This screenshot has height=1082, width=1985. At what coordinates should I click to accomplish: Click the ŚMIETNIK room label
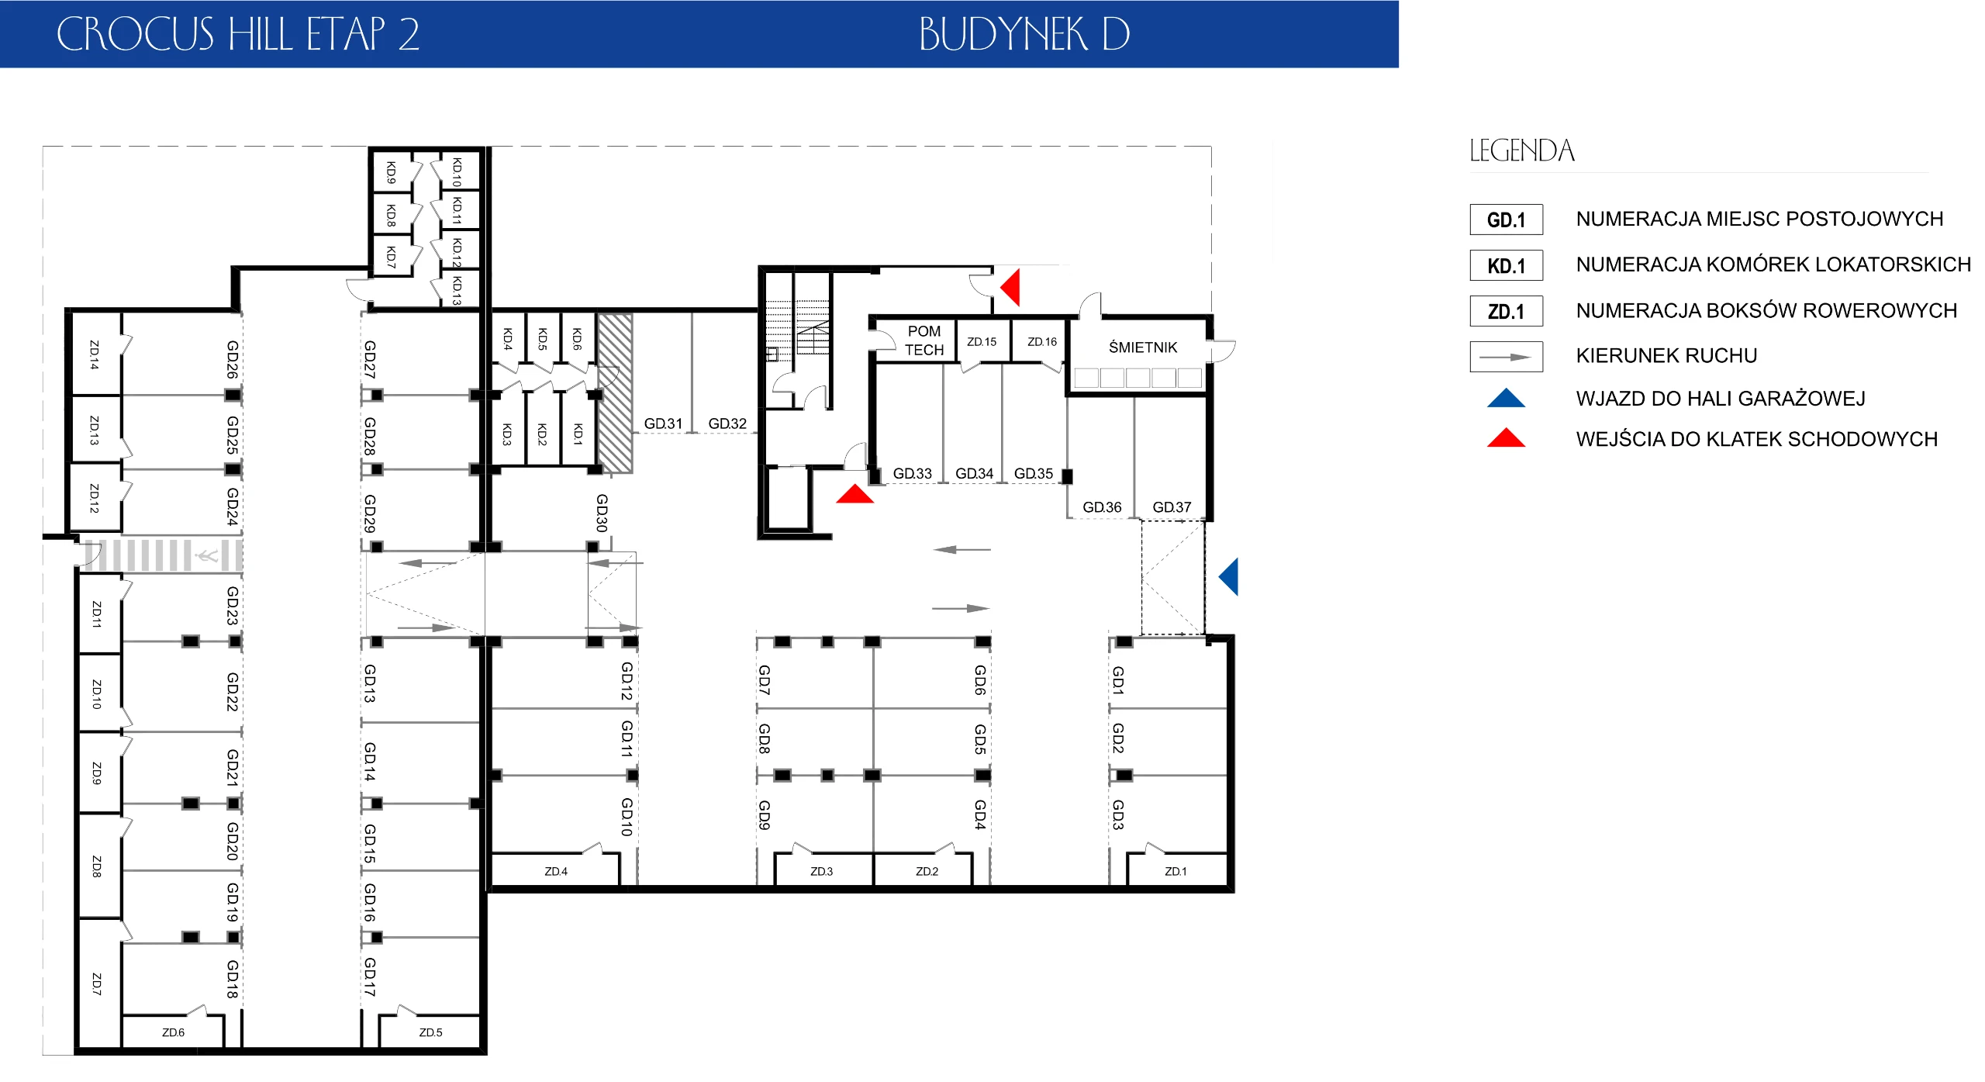click(1142, 347)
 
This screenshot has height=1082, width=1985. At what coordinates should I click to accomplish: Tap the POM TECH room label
click(924, 341)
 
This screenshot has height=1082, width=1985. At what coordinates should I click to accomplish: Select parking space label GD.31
click(663, 423)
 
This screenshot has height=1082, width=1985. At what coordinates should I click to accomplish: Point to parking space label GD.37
click(1172, 507)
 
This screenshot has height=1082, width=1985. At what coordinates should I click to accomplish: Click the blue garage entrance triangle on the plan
click(1229, 576)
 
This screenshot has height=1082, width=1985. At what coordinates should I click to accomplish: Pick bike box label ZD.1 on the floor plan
click(1175, 871)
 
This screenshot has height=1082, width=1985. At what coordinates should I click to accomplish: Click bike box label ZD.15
click(982, 341)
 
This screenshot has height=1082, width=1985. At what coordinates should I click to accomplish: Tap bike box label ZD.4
click(556, 871)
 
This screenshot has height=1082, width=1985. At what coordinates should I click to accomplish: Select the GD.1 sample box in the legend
click(1506, 220)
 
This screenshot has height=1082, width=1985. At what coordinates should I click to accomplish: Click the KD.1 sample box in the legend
click(1506, 265)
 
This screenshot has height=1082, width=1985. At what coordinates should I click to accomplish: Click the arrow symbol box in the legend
click(1506, 357)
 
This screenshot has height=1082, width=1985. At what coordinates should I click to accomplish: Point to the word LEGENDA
click(1522, 150)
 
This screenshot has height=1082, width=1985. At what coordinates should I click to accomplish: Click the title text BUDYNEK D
click(1024, 34)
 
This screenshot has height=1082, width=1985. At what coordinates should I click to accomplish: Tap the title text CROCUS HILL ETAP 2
click(238, 34)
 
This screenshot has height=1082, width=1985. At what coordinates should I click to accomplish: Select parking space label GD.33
click(912, 473)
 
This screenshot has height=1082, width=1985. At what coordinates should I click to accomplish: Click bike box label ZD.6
click(173, 1032)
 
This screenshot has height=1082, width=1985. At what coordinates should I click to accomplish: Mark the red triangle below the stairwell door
click(854, 494)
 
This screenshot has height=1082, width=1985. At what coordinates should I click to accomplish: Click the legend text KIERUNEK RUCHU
click(1666, 356)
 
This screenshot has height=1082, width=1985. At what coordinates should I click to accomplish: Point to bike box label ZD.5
click(430, 1032)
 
